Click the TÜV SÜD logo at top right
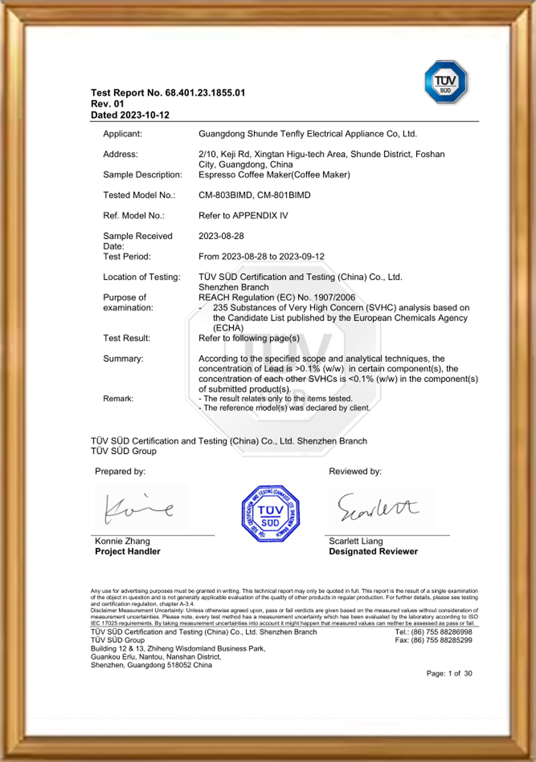click(x=446, y=82)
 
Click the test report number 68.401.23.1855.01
click(x=207, y=93)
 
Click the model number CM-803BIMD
click(x=226, y=195)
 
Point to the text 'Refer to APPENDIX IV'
click(x=240, y=215)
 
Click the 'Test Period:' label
click(x=127, y=256)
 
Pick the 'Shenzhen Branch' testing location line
click(x=230, y=286)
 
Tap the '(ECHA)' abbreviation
click(x=227, y=328)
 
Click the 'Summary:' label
click(x=123, y=359)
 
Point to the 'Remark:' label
click(x=119, y=399)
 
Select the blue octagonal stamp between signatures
click(x=270, y=513)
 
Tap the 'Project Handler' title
click(x=127, y=552)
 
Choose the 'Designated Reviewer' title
click(x=373, y=552)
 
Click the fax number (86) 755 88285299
click(x=443, y=640)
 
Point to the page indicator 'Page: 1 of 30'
click(x=450, y=674)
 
